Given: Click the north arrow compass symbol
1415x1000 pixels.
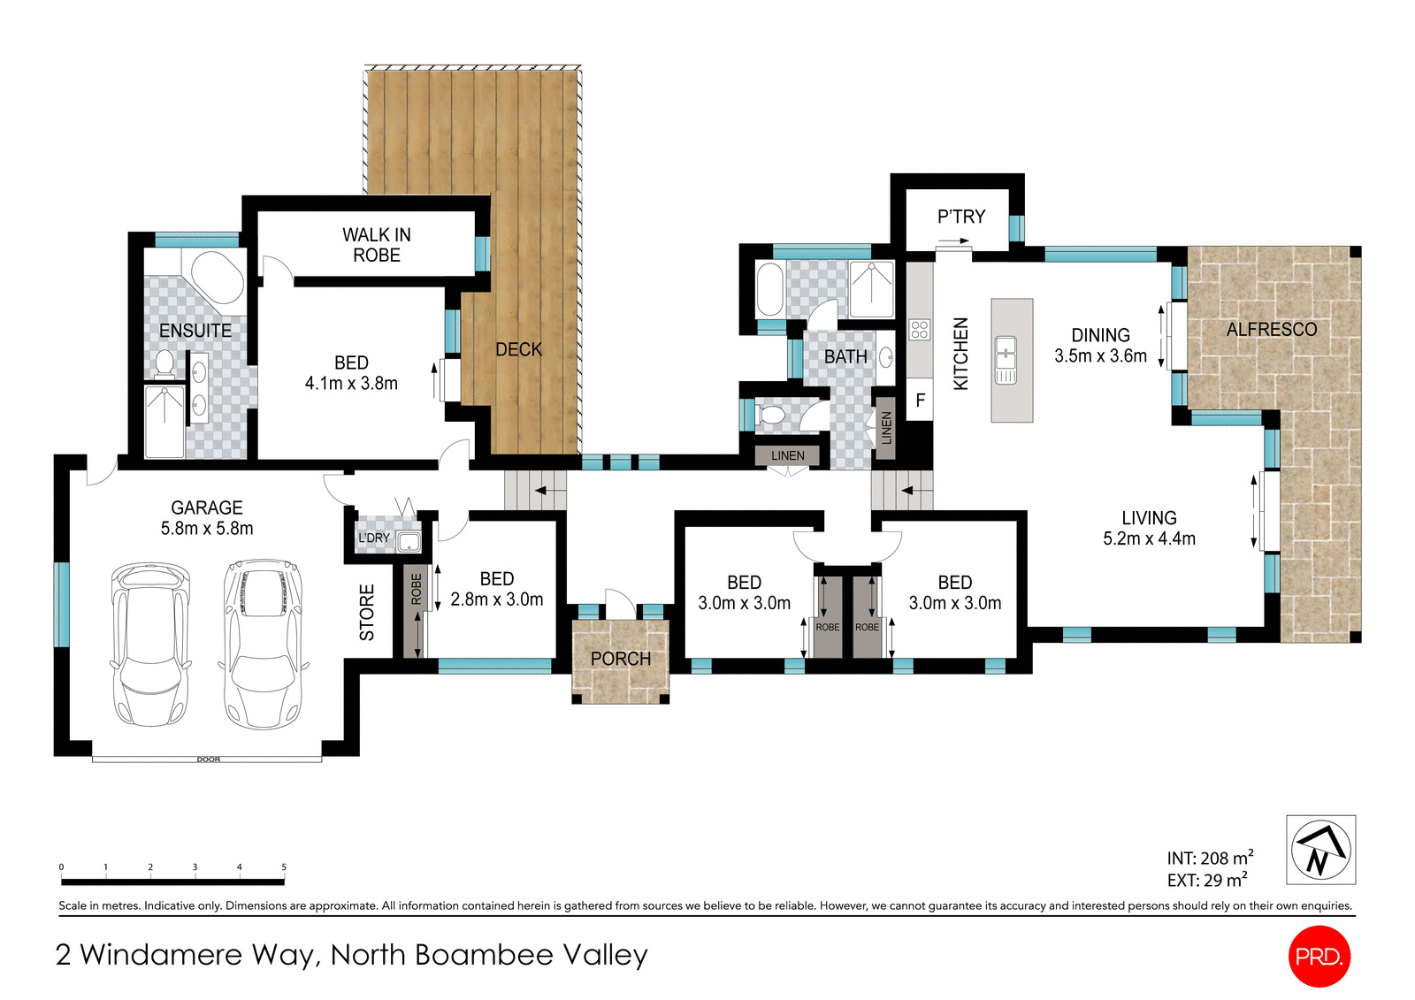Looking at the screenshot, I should (x=1319, y=850).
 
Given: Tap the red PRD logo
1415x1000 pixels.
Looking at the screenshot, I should (x=1319, y=956).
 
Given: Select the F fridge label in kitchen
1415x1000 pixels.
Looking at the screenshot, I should (x=920, y=401).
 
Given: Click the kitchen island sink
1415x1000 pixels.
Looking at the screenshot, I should (x=1006, y=360).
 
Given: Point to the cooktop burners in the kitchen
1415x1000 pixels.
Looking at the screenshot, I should (x=919, y=330).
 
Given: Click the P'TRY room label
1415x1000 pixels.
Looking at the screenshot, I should (x=960, y=217).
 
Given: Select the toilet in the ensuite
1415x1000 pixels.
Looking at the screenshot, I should (x=164, y=363).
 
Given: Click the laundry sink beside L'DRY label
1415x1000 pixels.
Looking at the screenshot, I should (x=409, y=541).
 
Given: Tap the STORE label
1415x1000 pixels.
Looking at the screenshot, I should (x=367, y=612).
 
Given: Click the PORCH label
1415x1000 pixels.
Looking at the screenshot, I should (x=620, y=659).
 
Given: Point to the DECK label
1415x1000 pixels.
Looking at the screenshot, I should (x=518, y=349).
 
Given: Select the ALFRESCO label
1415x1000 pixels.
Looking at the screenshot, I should (x=1271, y=329).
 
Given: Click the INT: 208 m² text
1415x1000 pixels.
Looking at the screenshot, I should (x=1209, y=858).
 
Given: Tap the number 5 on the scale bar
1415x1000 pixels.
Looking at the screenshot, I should (x=284, y=867).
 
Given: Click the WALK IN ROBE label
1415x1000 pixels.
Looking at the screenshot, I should (x=377, y=245).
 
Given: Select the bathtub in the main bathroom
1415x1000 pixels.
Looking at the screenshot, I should (x=769, y=288).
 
